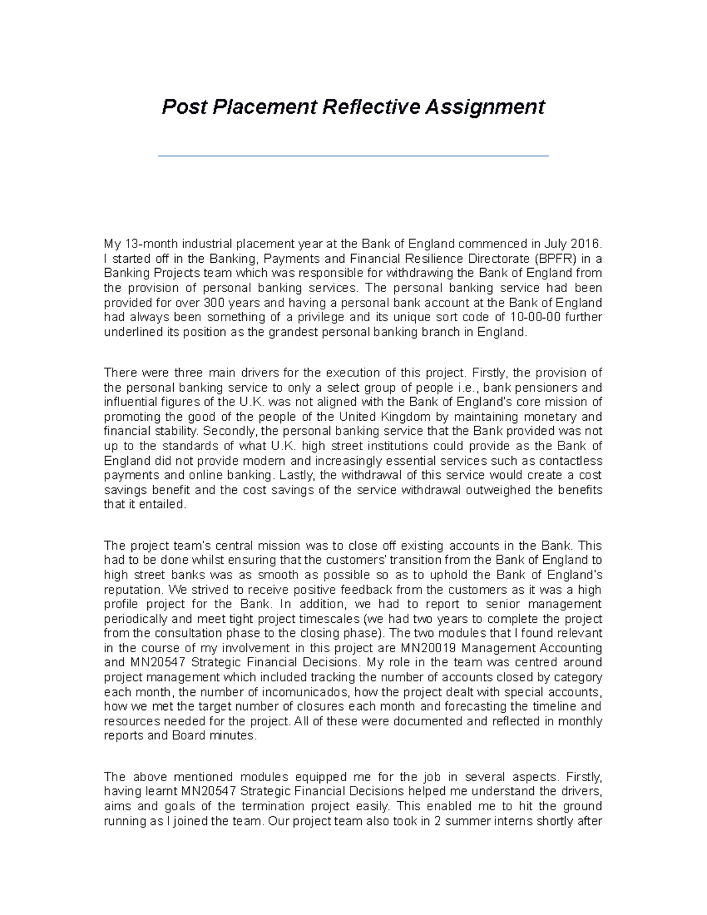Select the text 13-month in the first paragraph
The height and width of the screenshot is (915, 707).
150,244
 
